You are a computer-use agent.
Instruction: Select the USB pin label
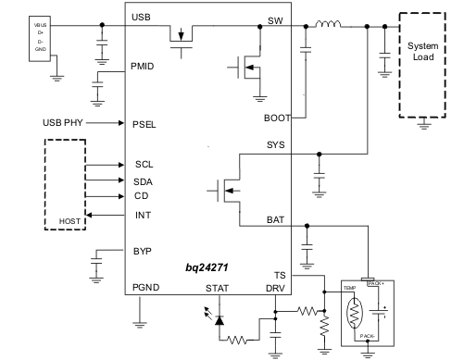click(142, 18)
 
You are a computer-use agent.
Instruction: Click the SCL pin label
click(144, 164)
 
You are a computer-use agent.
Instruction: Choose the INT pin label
click(142, 216)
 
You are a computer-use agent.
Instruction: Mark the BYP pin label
click(142, 251)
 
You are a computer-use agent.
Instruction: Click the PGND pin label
click(146, 288)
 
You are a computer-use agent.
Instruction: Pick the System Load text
click(423, 53)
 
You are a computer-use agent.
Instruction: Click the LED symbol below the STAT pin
click(219, 320)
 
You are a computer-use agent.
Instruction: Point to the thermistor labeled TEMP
click(355, 315)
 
